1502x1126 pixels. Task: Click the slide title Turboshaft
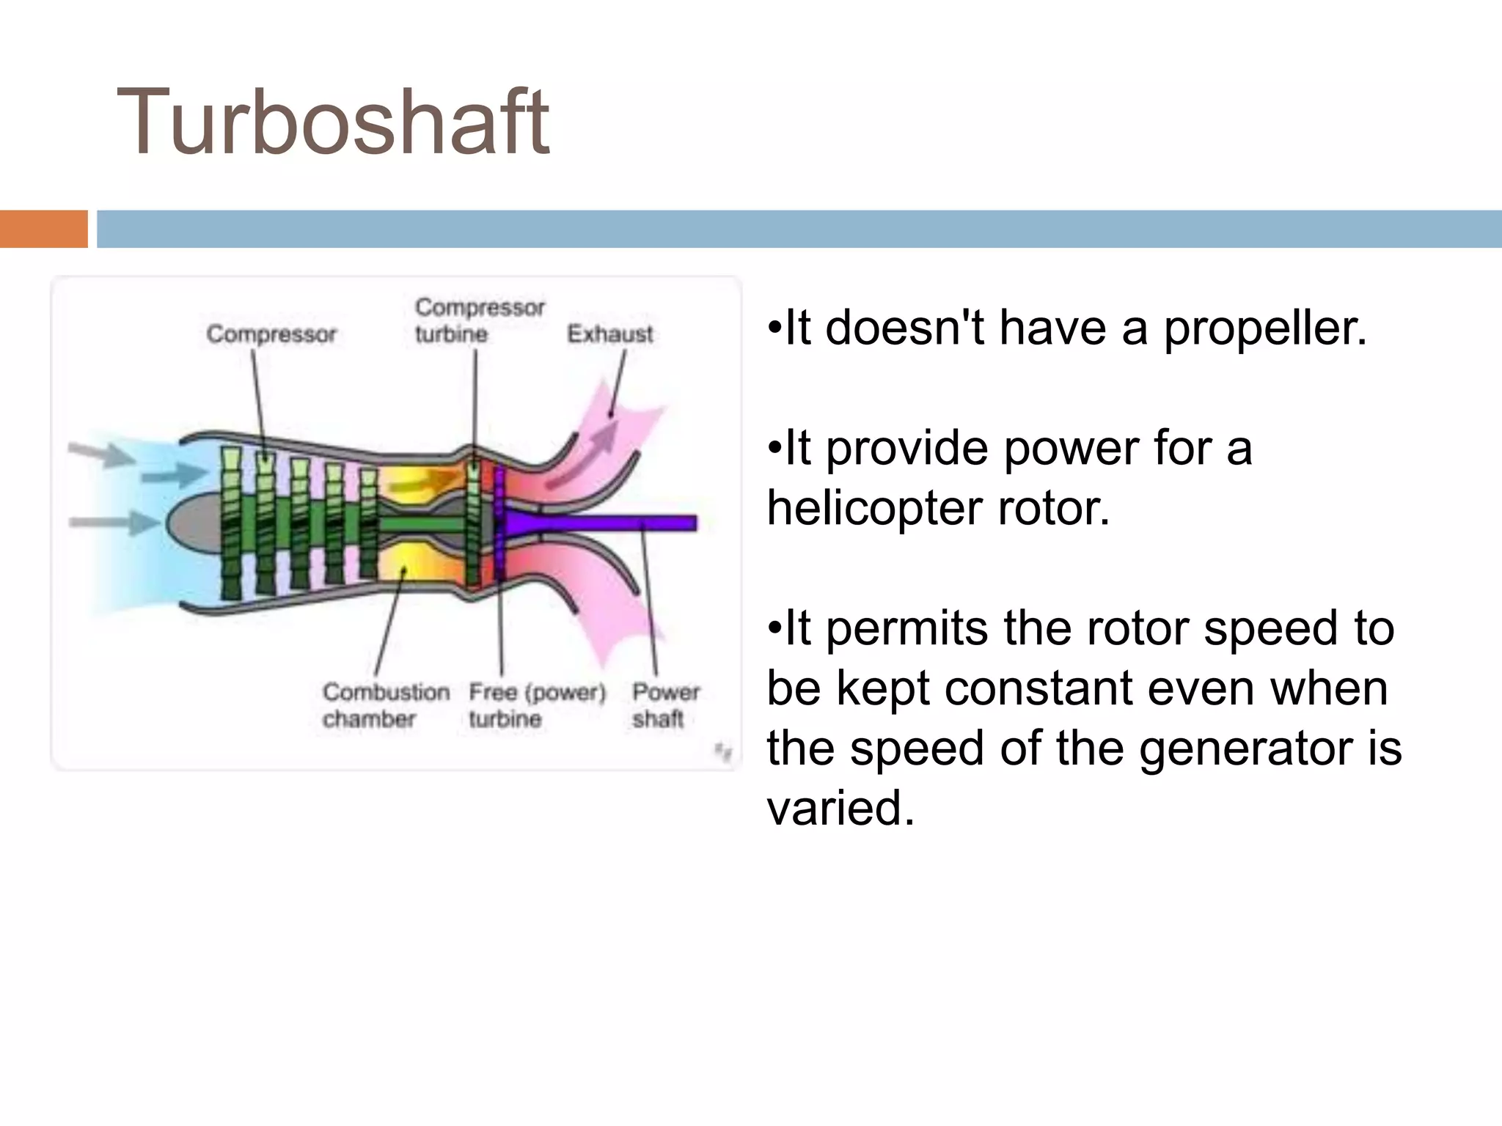tap(332, 123)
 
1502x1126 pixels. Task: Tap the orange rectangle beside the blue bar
tap(43, 229)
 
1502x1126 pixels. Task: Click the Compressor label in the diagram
tap(271, 334)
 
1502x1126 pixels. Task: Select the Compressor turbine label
tap(480, 320)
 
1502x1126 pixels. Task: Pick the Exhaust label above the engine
tap(609, 334)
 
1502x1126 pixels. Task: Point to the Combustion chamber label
tap(386, 705)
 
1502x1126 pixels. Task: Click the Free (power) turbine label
tap(537, 705)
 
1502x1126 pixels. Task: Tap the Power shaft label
tap(665, 705)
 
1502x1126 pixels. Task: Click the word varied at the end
tap(840, 809)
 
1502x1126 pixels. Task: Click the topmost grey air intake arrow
tap(101, 453)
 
